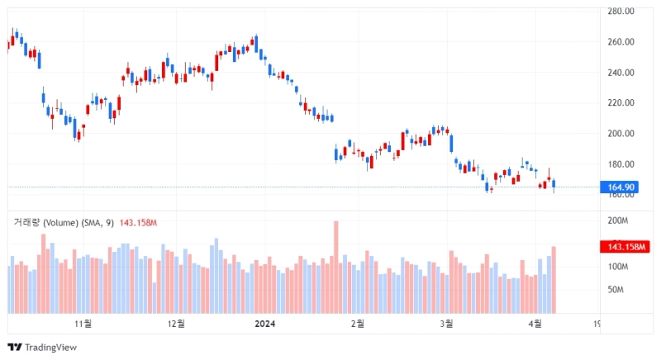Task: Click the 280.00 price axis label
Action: point(621,12)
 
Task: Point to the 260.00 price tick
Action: point(621,42)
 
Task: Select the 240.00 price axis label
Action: point(621,73)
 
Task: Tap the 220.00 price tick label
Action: point(621,103)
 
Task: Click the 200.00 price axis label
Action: point(621,134)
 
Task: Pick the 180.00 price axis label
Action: point(621,164)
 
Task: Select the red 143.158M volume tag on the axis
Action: point(625,247)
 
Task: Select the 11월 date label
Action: point(82,324)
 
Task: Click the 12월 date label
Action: point(175,324)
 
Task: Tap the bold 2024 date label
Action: point(265,324)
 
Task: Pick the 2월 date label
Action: point(358,324)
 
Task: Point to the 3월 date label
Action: point(446,324)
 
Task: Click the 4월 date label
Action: point(535,324)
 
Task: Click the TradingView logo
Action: point(42,348)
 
